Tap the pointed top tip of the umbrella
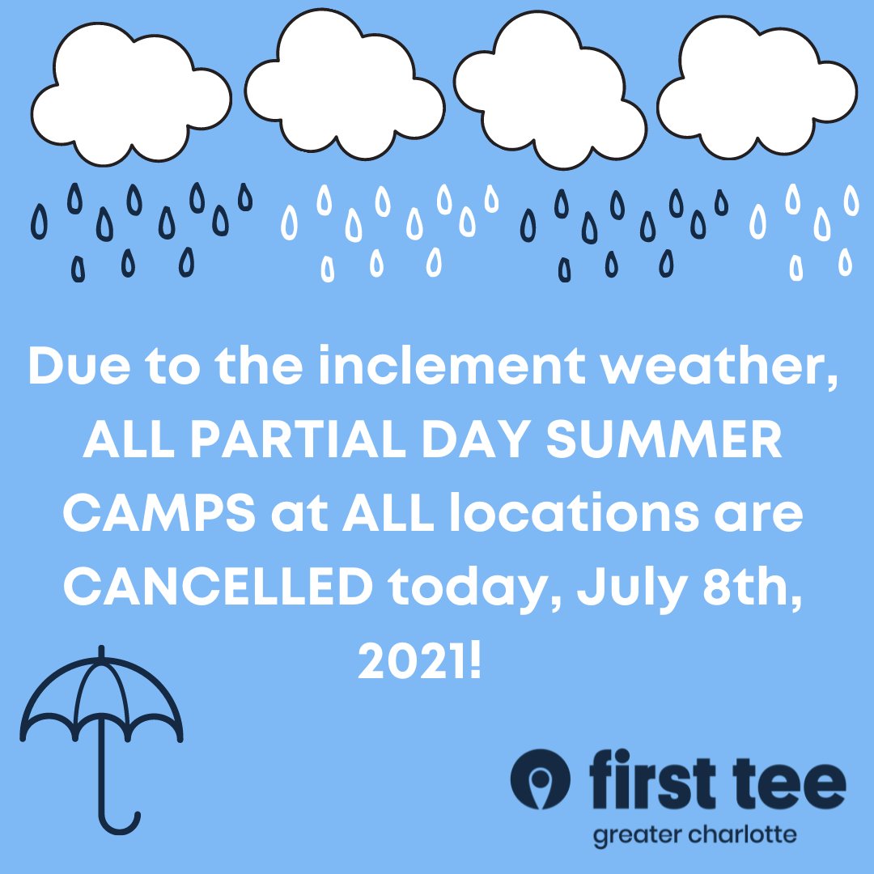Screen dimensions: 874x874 101,651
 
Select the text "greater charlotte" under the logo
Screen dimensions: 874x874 694,834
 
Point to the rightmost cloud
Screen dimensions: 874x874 757,89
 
